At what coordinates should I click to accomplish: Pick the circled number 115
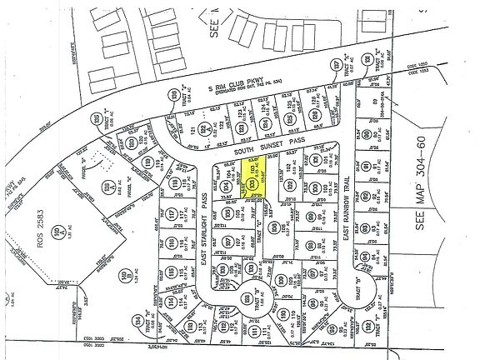(x=172, y=272)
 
